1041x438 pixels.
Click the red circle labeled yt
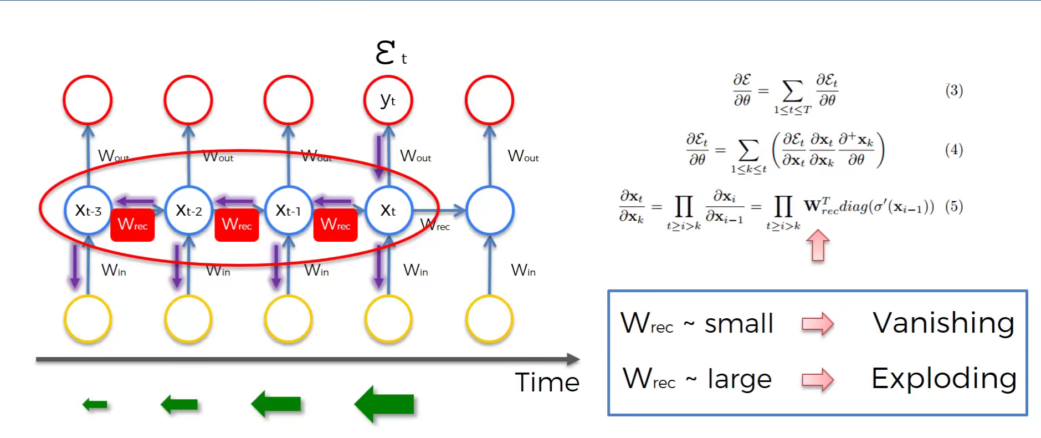point(388,100)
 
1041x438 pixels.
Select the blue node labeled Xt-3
point(88,211)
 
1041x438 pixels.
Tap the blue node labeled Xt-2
point(188,211)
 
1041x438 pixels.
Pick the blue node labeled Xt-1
point(288,211)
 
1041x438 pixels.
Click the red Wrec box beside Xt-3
point(132,225)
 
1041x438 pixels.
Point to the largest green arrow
point(384,404)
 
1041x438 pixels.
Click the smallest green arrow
point(95,405)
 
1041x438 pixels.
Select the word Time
point(547,383)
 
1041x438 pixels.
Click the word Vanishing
point(943,323)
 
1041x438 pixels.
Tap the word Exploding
point(944,379)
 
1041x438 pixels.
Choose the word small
point(739,324)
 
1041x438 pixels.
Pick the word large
point(740,380)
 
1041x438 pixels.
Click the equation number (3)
point(954,90)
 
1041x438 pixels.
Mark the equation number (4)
point(954,150)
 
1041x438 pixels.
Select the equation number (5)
point(954,207)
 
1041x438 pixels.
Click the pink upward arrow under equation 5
point(818,246)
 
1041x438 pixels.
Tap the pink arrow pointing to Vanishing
point(818,324)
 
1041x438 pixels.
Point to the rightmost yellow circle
point(490,319)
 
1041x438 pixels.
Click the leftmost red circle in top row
point(88,100)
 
